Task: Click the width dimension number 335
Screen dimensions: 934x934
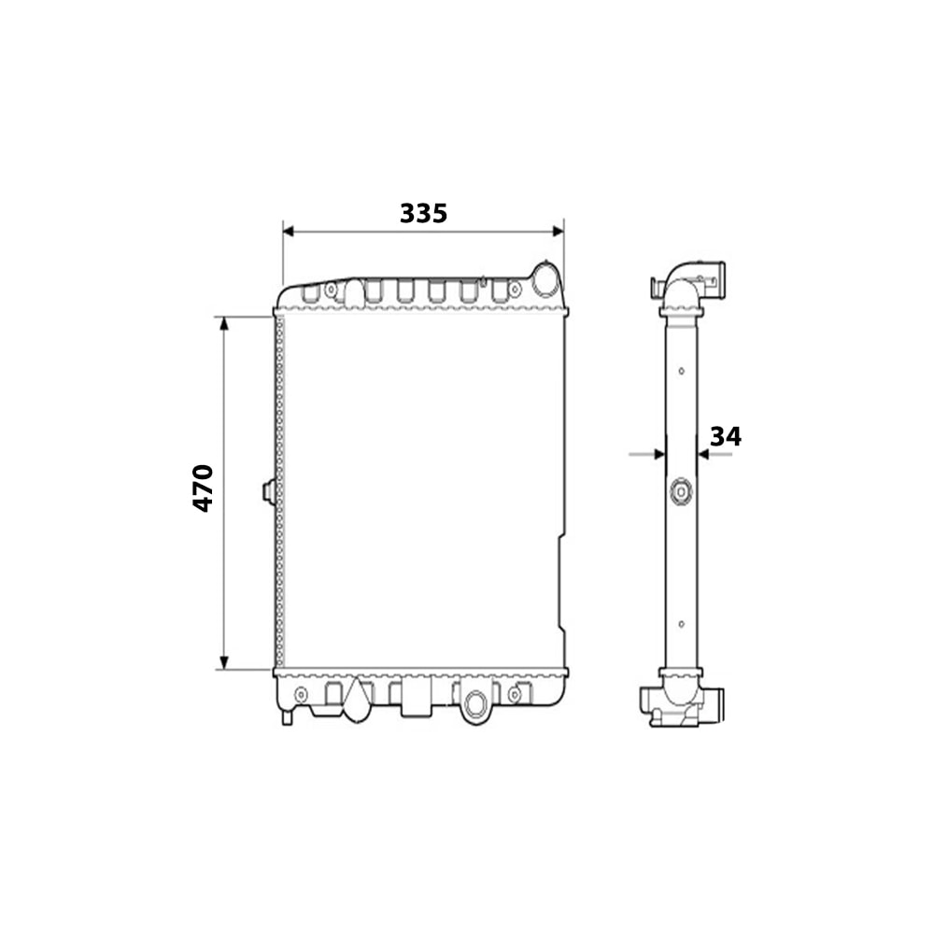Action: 423,213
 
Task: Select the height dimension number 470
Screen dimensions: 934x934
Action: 203,487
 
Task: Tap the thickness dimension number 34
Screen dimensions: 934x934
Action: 725,436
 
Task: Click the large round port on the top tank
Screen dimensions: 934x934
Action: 545,278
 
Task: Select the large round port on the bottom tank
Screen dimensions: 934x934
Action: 476,703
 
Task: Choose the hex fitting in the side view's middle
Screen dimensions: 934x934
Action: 681,491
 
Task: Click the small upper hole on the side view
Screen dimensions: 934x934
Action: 681,371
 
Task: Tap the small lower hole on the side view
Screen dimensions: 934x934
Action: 681,624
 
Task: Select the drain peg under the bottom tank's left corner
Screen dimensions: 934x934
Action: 287,716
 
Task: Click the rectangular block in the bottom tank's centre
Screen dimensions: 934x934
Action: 416,699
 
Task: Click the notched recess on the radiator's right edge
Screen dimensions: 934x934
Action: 561,584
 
